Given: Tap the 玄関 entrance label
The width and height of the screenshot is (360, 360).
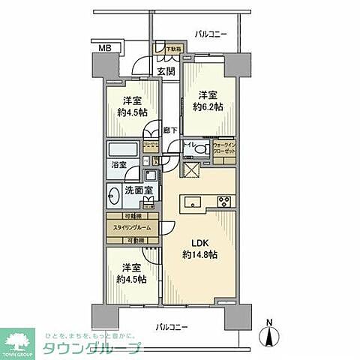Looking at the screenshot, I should pyautogui.click(x=166, y=72).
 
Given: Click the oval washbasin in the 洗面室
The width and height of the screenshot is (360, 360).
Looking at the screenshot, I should pyautogui.click(x=114, y=198).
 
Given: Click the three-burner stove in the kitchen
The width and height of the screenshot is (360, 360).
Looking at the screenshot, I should pyautogui.click(x=223, y=200).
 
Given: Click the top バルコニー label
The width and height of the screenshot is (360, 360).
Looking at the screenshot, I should pyautogui.click(x=211, y=34).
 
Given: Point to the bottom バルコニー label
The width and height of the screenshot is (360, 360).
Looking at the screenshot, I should pyautogui.click(x=172, y=327).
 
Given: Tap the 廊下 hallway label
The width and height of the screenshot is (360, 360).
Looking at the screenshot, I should pyautogui.click(x=170, y=130).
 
